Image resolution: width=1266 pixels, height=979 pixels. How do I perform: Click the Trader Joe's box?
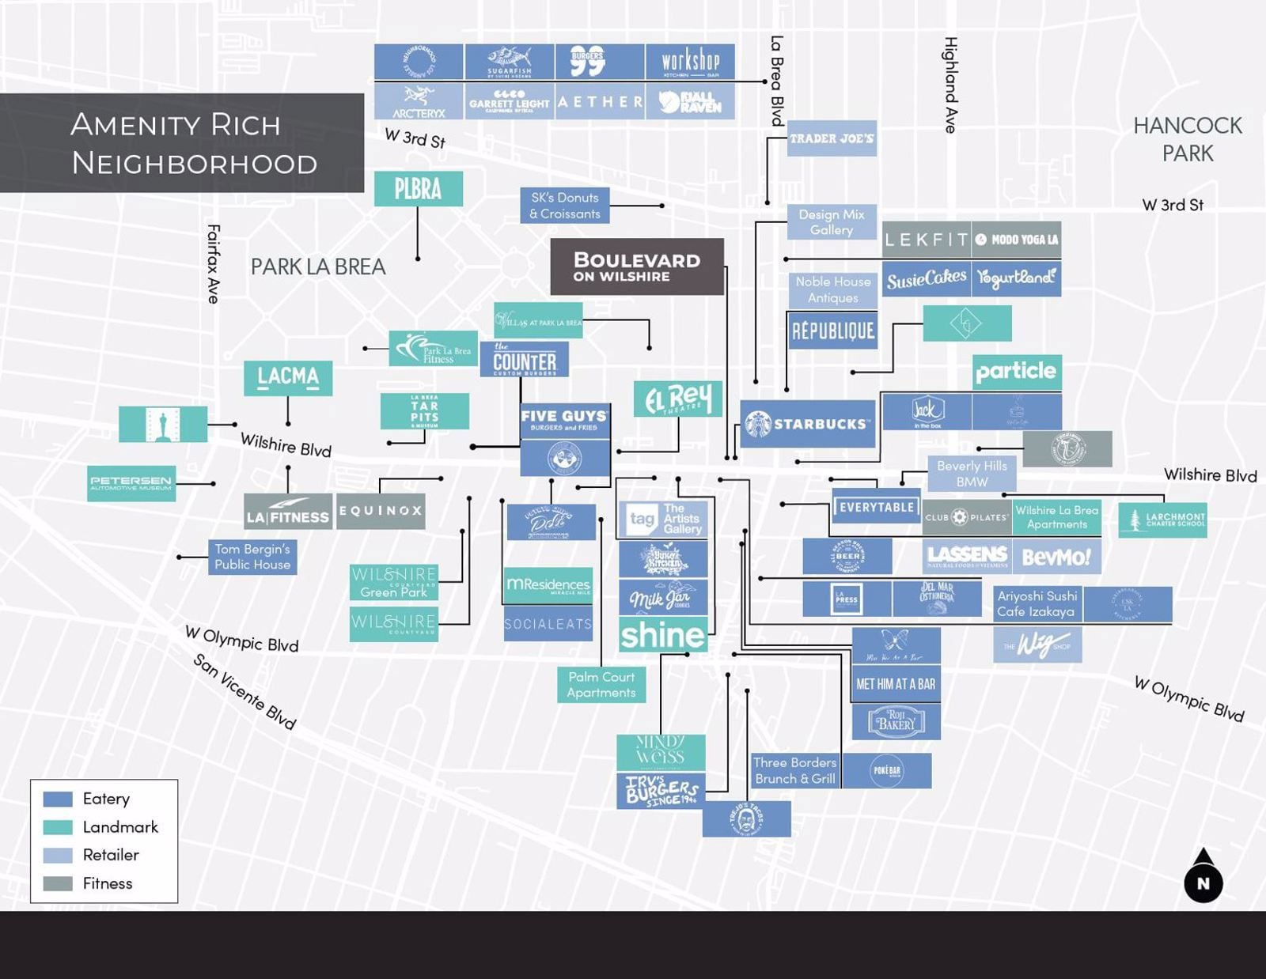pyautogui.click(x=832, y=138)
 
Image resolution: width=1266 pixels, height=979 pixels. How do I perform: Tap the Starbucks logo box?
pyautogui.click(x=807, y=424)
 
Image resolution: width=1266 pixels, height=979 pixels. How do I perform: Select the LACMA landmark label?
pyautogui.click(x=288, y=377)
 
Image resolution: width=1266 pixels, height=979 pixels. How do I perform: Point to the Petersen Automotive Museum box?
pyautogui.click(x=131, y=482)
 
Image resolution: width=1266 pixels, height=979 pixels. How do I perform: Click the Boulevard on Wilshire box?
pyautogui.click(x=637, y=266)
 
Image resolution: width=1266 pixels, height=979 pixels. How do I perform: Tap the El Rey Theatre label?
pyautogui.click(x=678, y=399)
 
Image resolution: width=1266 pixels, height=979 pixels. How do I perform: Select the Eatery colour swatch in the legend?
pyautogui.click(x=58, y=799)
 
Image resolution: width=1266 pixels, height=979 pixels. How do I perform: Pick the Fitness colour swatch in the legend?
pyautogui.click(x=58, y=883)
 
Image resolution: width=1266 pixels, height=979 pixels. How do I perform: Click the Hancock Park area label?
pyautogui.click(x=1187, y=139)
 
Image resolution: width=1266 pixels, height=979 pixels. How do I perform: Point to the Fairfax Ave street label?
pyautogui.click(x=213, y=263)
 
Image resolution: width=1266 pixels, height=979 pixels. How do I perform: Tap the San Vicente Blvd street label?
pyautogui.click(x=244, y=691)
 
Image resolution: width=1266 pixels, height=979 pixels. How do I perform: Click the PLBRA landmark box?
pyautogui.click(x=418, y=189)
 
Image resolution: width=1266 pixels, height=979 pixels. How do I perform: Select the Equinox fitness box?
pyautogui.click(x=381, y=511)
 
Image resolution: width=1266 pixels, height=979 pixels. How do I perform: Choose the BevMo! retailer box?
pyautogui.click(x=1056, y=557)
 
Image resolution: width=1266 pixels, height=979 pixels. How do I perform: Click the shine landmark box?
pyautogui.click(x=662, y=635)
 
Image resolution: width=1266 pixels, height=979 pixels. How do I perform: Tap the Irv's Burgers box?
pyautogui.click(x=661, y=790)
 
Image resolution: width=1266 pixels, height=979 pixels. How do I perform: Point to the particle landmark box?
pyautogui.click(x=1016, y=372)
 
